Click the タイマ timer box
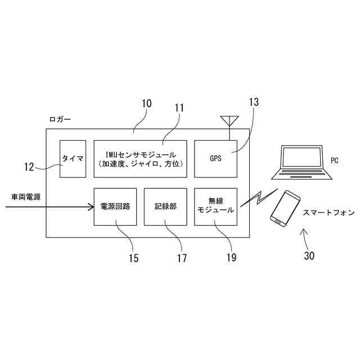click(x=73, y=159)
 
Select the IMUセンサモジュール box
click(x=139, y=158)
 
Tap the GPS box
click(x=215, y=158)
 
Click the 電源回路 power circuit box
click(x=115, y=206)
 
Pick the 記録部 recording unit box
click(x=165, y=206)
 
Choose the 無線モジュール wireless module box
click(x=215, y=206)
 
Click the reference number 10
click(x=146, y=103)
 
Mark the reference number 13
click(x=254, y=102)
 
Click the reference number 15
click(x=133, y=258)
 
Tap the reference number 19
click(x=231, y=258)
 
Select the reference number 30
click(x=309, y=256)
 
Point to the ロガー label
click(x=60, y=119)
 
